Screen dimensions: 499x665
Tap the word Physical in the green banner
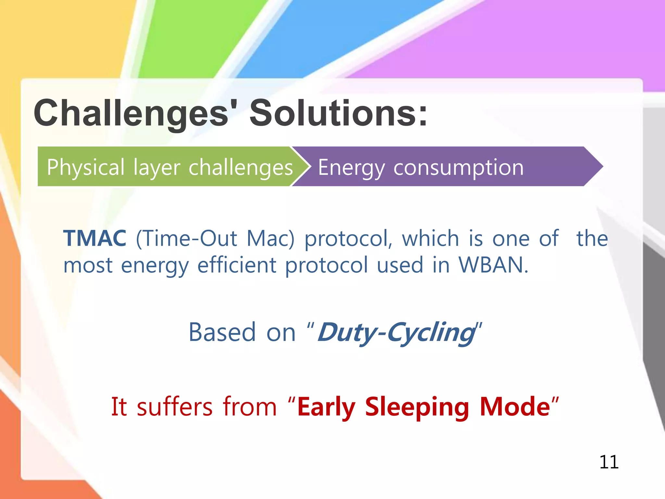[x=85, y=167]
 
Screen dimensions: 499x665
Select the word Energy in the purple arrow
[x=351, y=168]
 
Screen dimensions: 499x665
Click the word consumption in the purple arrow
[x=458, y=168]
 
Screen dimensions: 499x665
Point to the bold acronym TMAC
[x=94, y=238]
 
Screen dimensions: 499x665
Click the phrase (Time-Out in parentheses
[x=186, y=239]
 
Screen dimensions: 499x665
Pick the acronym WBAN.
[x=493, y=265]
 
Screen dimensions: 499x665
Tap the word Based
[x=222, y=332]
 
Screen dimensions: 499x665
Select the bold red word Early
[x=326, y=407]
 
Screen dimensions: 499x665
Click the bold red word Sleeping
[x=417, y=407]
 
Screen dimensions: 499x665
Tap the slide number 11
[x=609, y=462]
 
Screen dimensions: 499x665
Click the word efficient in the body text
[x=237, y=265]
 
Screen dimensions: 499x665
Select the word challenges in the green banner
[x=241, y=167]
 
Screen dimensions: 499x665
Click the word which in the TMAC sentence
[x=430, y=238]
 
